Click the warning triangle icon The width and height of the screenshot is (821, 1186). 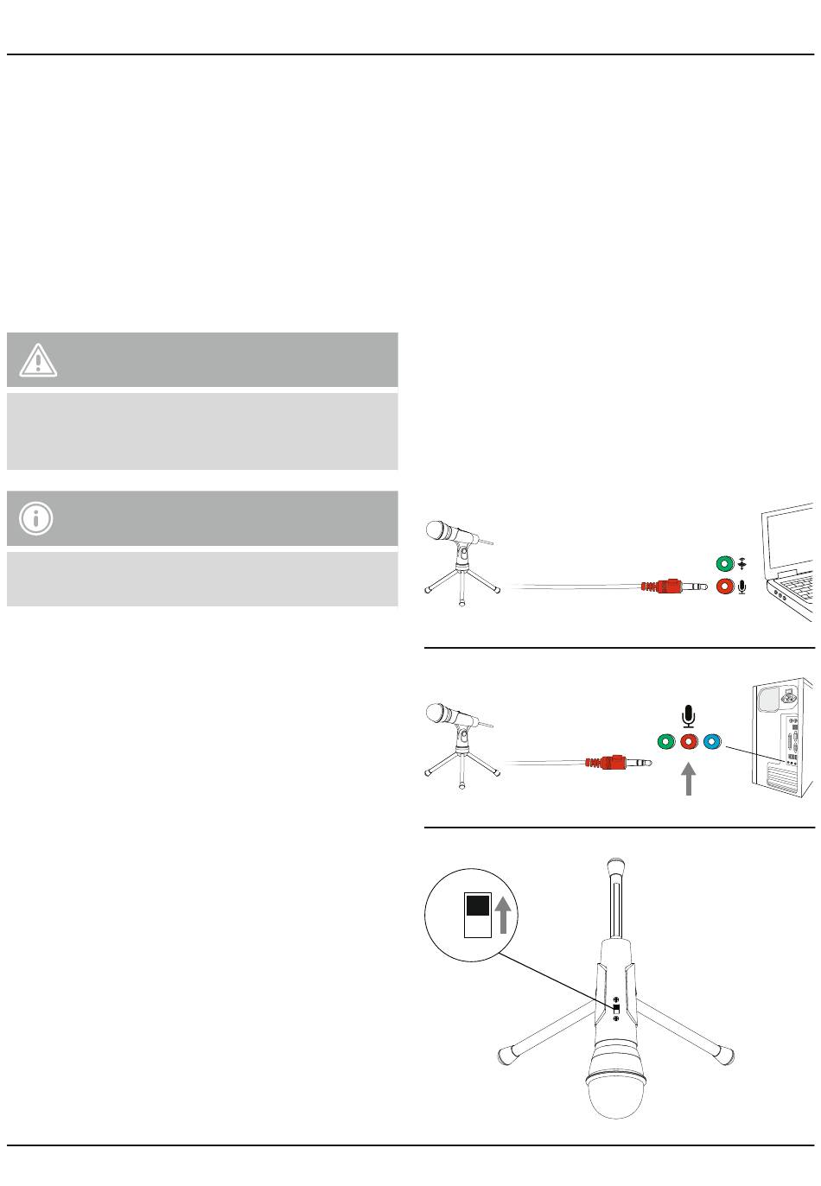click(x=37, y=359)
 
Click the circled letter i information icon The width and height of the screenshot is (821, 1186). click(x=36, y=518)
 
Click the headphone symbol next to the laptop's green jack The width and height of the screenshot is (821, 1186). click(x=741, y=565)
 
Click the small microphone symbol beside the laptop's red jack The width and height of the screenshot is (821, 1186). click(x=741, y=587)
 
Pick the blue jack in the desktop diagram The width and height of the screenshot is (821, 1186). click(x=711, y=741)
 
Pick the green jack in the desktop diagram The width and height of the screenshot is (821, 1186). click(x=665, y=741)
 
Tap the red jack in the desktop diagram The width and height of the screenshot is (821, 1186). click(x=688, y=741)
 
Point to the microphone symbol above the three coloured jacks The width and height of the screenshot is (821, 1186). click(x=688, y=716)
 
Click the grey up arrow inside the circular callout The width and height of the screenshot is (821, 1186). click(x=505, y=916)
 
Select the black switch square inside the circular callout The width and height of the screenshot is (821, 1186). click(x=478, y=907)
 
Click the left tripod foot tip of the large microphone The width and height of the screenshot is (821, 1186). click(x=505, y=1055)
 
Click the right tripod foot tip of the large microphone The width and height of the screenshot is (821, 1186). click(x=728, y=1055)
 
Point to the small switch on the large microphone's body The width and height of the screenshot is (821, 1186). click(x=616, y=1009)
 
